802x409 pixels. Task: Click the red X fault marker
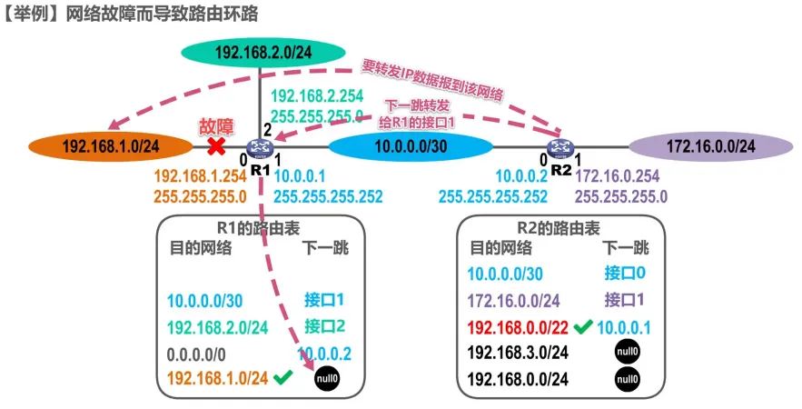(216, 146)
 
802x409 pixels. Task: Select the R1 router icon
(261, 147)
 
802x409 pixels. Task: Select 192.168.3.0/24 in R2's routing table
(519, 353)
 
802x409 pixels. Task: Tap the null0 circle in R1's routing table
(326, 379)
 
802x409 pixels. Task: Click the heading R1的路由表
(257, 228)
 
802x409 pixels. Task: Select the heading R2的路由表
(557, 228)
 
